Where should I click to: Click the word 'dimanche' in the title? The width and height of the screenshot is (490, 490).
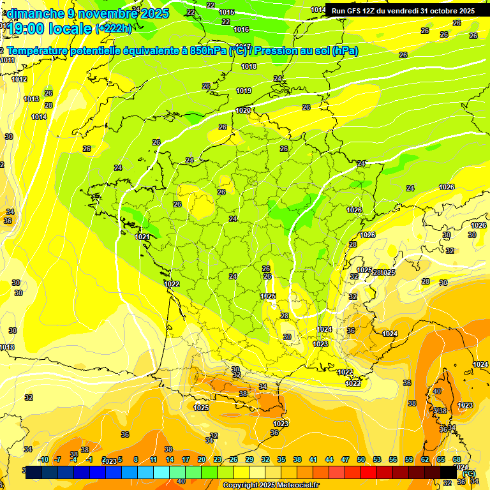point(36,13)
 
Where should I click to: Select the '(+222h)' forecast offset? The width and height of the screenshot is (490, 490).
point(113,28)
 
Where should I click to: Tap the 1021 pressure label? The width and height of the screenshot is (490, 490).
point(142,237)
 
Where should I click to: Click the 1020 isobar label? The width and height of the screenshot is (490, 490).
point(243,110)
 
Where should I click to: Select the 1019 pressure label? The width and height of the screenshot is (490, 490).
point(244,91)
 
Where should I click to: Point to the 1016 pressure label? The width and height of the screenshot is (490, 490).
point(241,29)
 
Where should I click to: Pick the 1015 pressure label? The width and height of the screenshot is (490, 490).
point(226,12)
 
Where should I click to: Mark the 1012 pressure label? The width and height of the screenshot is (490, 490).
point(19,79)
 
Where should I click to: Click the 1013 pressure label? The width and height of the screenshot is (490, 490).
point(31,99)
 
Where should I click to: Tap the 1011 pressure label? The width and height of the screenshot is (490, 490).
point(8,60)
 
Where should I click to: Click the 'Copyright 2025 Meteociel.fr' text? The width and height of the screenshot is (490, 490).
point(271,486)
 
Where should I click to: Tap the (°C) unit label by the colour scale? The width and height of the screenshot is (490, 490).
point(469,473)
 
